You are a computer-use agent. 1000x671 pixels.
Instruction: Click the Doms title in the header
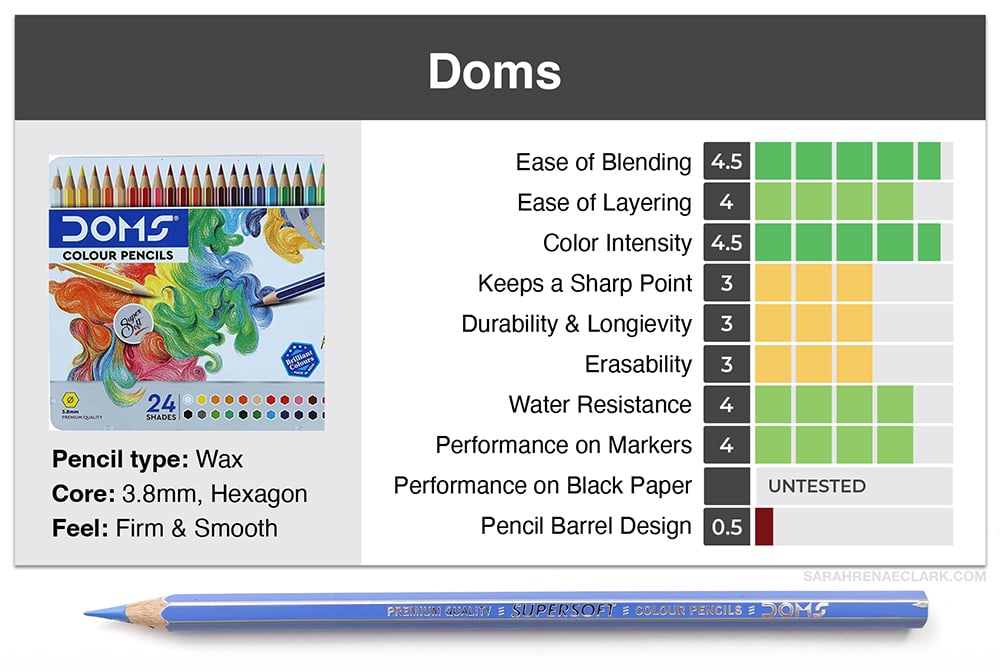point(494,71)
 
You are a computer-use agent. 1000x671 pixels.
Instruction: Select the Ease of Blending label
point(603,162)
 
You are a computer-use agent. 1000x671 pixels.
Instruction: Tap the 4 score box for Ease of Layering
point(726,202)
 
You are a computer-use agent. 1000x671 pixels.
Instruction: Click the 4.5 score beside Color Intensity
point(726,242)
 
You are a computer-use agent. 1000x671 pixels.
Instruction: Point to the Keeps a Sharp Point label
point(585,283)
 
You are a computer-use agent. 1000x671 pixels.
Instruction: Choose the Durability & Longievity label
point(577,323)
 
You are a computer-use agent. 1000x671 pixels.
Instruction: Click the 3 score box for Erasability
point(726,364)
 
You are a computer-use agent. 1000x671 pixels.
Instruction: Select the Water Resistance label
point(600,404)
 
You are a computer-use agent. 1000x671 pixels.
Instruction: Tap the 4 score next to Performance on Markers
point(726,445)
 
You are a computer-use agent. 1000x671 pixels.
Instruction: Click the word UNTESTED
point(817,486)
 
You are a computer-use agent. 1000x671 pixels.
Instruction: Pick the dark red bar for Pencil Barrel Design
point(764,526)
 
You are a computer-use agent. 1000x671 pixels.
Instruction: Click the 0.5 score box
point(726,526)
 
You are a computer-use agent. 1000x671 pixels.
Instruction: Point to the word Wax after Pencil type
point(219,459)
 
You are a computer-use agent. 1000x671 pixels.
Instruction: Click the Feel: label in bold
point(80,528)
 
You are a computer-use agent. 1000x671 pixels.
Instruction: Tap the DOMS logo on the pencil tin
point(118,228)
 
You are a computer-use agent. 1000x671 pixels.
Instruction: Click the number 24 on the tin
point(161,403)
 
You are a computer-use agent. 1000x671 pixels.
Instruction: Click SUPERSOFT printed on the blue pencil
point(563,610)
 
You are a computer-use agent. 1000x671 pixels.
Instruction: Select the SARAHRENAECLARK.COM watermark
point(894,577)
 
